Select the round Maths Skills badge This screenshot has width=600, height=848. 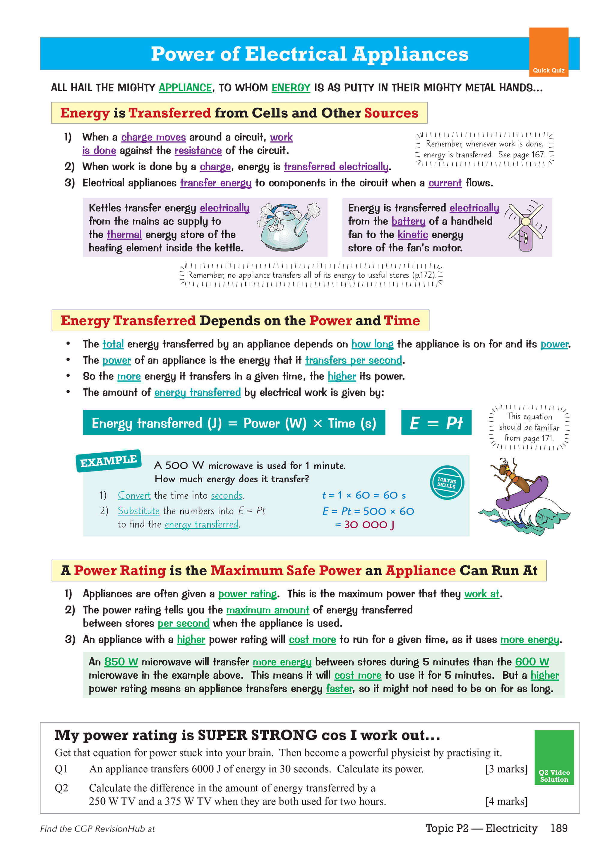point(447,482)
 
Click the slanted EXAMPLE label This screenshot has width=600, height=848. point(108,460)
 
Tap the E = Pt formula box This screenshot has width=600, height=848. point(436,423)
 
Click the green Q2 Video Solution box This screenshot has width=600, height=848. point(554,757)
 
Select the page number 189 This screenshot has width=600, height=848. point(559,828)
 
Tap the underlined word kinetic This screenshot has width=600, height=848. point(412,234)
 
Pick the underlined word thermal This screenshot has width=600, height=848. point(124,234)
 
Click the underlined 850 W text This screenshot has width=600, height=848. point(121,662)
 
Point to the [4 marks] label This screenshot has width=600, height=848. point(506,801)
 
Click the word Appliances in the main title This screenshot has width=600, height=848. point(410,54)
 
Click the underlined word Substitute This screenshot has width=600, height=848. point(138,511)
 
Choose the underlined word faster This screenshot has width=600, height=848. point(339,689)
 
